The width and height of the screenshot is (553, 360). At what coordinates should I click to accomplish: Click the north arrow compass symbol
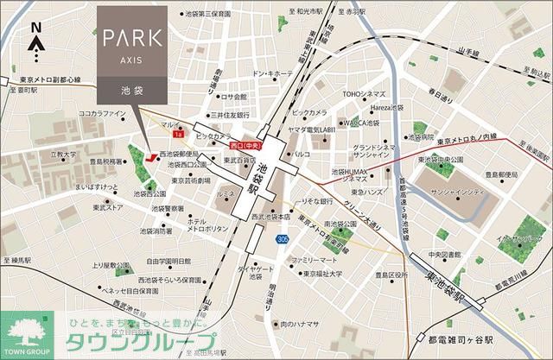37,40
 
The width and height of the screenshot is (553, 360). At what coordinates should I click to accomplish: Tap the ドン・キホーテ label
270,75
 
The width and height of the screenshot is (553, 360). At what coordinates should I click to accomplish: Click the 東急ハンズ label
359,191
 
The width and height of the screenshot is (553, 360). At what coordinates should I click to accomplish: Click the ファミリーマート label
312,259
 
